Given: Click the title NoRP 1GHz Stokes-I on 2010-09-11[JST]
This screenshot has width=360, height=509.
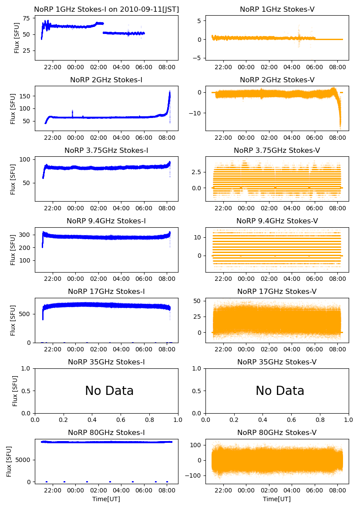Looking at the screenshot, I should coord(106,9).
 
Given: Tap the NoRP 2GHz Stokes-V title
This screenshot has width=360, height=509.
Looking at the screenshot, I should coord(277,80).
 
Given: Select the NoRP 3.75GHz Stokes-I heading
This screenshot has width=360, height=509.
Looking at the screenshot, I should coord(106,150).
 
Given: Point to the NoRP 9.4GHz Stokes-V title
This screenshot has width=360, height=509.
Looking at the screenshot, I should coord(277,221).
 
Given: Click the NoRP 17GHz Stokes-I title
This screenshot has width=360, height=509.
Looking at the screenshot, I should coord(106,291).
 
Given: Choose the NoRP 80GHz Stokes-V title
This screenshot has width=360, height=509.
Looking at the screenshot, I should coord(277,432).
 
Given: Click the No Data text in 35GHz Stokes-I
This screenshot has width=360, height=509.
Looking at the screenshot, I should coord(109,391).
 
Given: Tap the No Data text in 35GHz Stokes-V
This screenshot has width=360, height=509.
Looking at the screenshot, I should coord(280,391).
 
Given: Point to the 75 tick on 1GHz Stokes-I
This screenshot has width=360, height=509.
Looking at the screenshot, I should coord(26,18).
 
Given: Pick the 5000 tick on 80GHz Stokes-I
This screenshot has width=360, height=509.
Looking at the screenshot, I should coord(23,460).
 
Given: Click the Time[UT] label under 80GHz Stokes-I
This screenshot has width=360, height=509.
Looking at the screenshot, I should coord(106,499).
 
